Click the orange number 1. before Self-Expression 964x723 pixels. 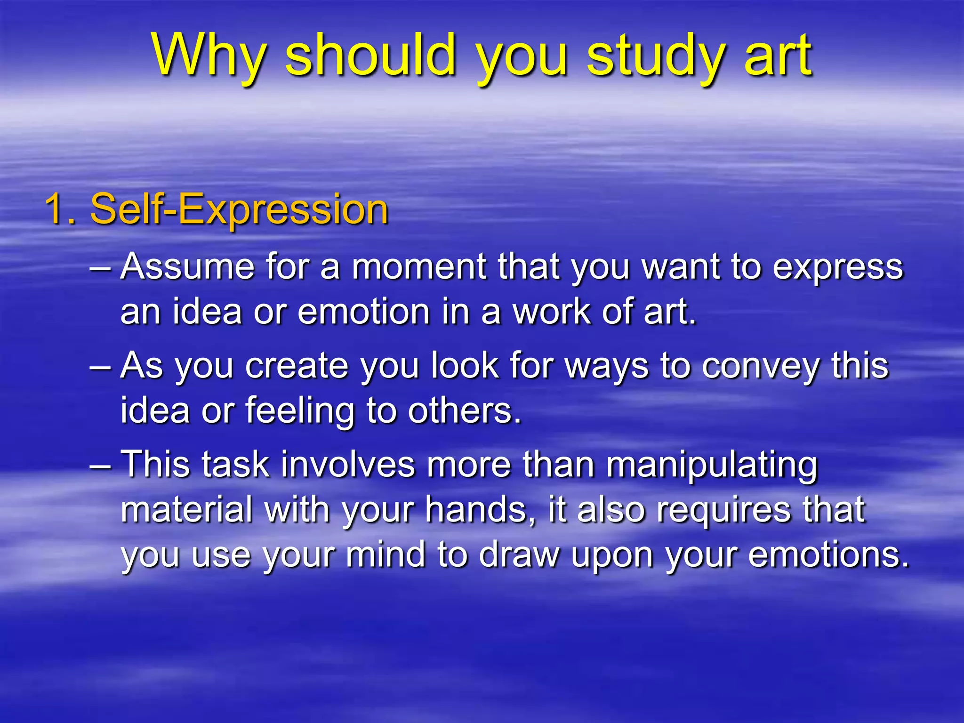click(60, 209)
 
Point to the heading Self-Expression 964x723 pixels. click(239, 209)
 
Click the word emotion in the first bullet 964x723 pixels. click(364, 312)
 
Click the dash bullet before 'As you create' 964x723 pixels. click(100, 366)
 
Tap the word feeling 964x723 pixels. click(300, 411)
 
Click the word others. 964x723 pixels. click(464, 411)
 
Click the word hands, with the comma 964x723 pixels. click(482, 510)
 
